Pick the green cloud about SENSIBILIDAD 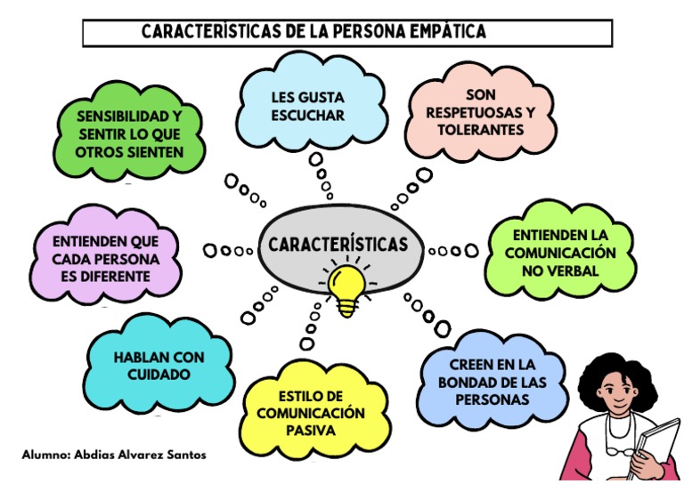coord(129,133)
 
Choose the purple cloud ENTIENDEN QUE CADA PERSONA coord(105,258)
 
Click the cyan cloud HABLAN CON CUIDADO coord(159,366)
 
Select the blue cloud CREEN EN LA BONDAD coord(492,382)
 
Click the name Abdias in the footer coord(91,454)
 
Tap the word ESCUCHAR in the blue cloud coord(307,116)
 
